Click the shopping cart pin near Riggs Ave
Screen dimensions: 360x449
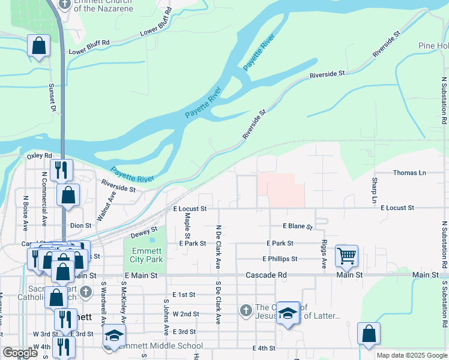(x=347, y=256)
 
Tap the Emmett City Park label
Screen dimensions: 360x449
(x=146, y=256)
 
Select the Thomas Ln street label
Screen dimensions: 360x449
(x=409, y=173)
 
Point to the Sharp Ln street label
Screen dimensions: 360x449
(x=374, y=190)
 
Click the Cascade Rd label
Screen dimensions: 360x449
(x=266, y=275)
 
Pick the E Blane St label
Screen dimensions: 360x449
(x=298, y=227)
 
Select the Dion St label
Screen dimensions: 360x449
(x=80, y=226)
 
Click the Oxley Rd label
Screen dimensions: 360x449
(x=40, y=156)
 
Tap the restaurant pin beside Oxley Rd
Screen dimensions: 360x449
(x=62, y=169)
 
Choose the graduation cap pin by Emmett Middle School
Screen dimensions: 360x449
(x=113, y=335)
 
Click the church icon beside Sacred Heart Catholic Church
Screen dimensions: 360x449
(x=86, y=292)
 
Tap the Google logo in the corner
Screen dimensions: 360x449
(x=20, y=353)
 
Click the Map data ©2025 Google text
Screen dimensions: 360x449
(x=411, y=355)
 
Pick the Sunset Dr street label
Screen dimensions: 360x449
(x=52, y=98)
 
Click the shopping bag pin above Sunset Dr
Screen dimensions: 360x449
(x=38, y=46)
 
